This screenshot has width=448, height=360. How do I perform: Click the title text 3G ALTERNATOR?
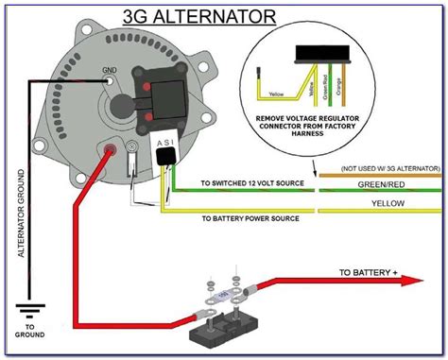pyautogui.click(x=186, y=17)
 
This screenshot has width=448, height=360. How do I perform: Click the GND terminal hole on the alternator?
pyautogui.click(x=112, y=81)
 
